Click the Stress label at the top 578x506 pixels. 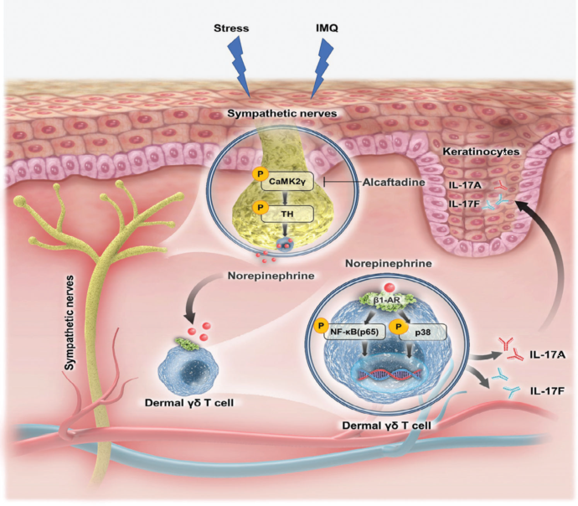click(x=231, y=28)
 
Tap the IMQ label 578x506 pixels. click(x=327, y=28)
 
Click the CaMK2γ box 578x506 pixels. click(x=287, y=181)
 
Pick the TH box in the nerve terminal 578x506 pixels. click(x=287, y=214)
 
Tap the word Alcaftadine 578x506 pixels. click(x=394, y=182)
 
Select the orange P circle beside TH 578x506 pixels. click(x=260, y=208)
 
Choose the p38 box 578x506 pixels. click(x=423, y=332)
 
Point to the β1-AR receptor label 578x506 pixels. click(x=386, y=301)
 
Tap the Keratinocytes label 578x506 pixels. click(x=481, y=152)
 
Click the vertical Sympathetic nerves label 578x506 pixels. click(x=70, y=323)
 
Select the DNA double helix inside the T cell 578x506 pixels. click(x=388, y=374)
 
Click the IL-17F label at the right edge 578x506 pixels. click(x=547, y=391)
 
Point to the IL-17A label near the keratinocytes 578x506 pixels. click(x=465, y=185)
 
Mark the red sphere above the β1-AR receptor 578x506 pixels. click(x=388, y=287)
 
